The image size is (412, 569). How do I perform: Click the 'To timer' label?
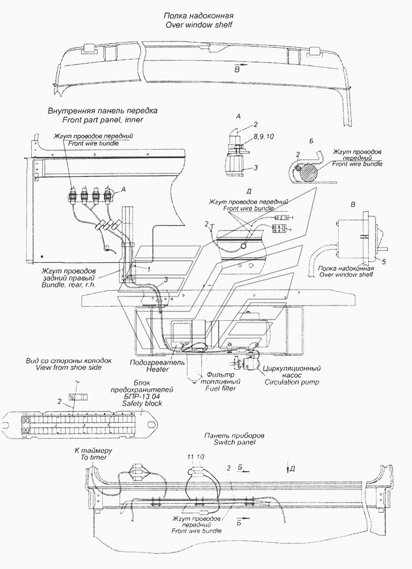[x=94, y=456]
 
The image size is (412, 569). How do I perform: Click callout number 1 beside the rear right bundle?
[x=149, y=267]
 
